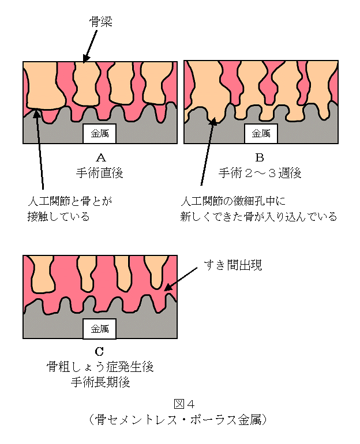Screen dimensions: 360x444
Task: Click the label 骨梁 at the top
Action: click(101, 22)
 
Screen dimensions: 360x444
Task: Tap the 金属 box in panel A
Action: click(100, 133)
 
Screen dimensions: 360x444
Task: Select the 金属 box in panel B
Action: click(261, 133)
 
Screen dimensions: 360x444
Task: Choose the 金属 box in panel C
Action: click(100, 329)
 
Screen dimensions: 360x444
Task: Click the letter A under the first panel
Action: click(101, 157)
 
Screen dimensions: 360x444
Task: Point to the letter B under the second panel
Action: click(260, 157)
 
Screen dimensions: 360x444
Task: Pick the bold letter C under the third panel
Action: click(99, 351)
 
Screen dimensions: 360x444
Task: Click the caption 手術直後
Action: click(100, 173)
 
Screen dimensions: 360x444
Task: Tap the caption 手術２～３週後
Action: click(260, 173)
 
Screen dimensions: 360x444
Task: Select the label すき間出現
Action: click(233, 265)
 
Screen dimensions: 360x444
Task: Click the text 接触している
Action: click(59, 217)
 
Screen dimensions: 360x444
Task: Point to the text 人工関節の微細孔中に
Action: click(234, 201)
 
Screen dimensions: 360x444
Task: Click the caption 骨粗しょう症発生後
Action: click(100, 367)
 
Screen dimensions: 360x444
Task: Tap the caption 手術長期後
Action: click(100, 382)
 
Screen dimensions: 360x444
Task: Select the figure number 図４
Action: click(184, 404)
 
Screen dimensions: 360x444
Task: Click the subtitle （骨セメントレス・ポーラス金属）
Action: click(178, 420)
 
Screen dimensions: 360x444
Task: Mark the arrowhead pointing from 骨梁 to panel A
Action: click(86, 59)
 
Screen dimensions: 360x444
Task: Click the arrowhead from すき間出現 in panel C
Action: click(168, 287)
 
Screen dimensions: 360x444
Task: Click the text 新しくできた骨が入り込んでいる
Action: click(258, 217)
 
